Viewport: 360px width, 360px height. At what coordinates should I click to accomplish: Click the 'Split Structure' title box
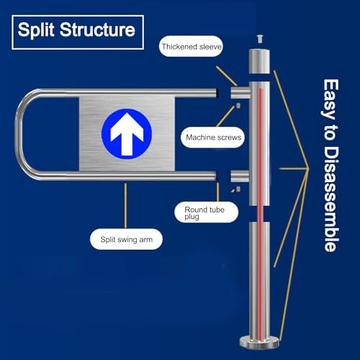78,32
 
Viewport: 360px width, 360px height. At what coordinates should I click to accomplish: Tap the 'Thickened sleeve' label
191,46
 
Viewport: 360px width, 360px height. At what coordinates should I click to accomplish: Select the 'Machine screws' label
213,138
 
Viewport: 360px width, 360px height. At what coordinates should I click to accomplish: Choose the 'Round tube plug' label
207,212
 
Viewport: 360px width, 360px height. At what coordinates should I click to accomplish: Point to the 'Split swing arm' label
126,239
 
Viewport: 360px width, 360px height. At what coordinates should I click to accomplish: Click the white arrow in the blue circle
127,134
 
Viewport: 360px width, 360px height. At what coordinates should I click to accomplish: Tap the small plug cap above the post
259,39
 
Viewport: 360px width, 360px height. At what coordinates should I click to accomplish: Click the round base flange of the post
259,343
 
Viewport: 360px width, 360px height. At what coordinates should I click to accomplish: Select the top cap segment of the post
259,61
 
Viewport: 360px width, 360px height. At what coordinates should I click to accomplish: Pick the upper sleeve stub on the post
240,93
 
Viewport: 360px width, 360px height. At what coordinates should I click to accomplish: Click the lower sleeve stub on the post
240,176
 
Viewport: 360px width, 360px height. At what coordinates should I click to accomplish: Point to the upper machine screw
238,106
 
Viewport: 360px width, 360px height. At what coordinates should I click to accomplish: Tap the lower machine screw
238,189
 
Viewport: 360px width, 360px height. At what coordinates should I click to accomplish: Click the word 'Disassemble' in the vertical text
331,199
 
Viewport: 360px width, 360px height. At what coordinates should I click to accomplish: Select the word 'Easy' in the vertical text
330,99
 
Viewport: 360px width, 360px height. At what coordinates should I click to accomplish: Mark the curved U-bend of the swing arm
23,134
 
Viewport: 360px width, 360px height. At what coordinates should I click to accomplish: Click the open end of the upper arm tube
217,93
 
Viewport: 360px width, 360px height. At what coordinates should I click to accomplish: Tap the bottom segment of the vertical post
259,279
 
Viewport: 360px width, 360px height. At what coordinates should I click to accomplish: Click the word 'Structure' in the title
97,30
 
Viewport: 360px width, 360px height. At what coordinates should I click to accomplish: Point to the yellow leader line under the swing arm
125,206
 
